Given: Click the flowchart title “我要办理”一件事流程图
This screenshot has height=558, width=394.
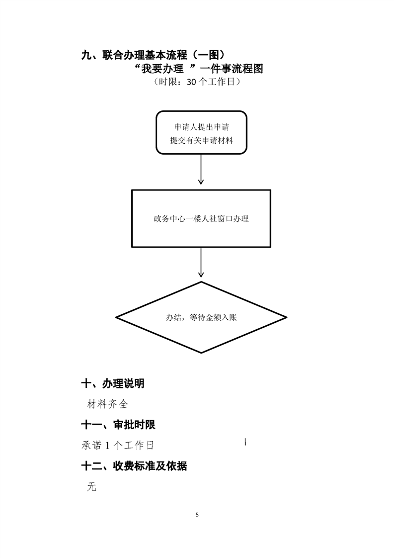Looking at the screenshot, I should [x=198, y=69].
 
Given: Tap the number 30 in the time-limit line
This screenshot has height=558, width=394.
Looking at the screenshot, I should [x=192, y=83].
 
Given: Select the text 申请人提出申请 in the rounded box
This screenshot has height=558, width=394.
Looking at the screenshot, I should [x=201, y=127].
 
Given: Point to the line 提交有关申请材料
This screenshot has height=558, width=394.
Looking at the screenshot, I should [x=201, y=141].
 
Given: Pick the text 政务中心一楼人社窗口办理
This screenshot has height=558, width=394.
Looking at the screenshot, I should [x=201, y=218].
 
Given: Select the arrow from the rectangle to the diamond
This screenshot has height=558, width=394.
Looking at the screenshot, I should [x=201, y=263].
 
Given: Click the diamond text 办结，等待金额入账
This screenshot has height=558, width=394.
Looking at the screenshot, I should [x=201, y=317].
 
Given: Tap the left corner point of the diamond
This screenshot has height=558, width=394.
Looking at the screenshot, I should [x=117, y=317].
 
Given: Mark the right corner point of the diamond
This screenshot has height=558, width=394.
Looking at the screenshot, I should [x=286, y=317].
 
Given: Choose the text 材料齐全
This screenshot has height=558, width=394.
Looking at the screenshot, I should [x=107, y=404].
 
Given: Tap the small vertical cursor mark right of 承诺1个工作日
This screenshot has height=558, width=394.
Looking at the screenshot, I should [x=246, y=441].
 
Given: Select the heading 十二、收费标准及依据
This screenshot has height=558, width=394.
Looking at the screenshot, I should [x=134, y=466].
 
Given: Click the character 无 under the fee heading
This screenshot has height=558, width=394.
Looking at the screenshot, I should [x=91, y=487].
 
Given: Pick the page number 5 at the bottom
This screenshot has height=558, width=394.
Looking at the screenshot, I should [x=197, y=514].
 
